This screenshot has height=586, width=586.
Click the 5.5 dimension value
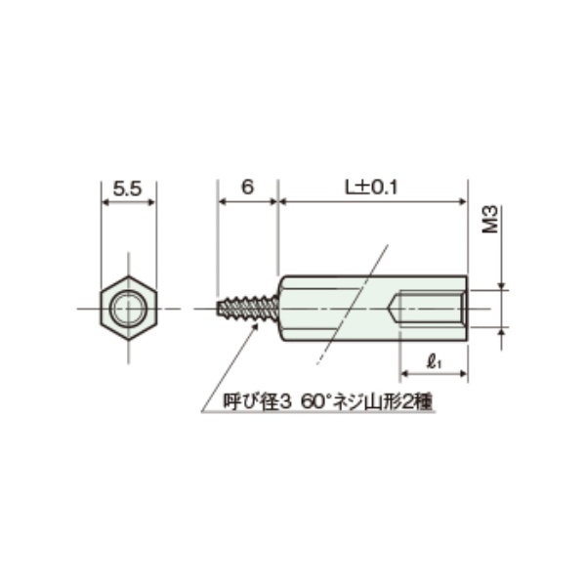127,188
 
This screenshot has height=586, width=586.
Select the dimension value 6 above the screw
247,188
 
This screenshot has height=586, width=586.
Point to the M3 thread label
492,220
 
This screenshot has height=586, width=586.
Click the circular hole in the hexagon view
127,309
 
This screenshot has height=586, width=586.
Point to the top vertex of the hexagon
127,277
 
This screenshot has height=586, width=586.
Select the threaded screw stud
249,309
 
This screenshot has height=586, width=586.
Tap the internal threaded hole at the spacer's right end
435,309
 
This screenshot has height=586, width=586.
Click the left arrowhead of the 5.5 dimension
105,202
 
